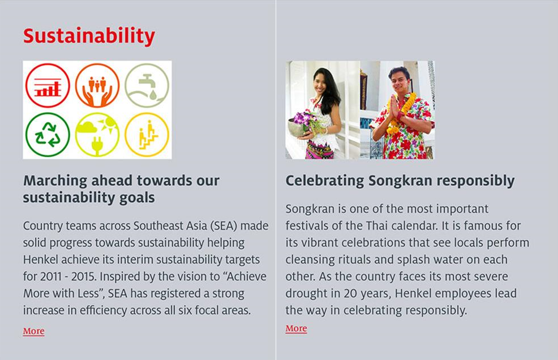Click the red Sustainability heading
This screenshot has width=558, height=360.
point(89,36)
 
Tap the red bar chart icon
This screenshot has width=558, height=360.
point(48,86)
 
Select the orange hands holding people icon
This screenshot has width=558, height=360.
point(97,86)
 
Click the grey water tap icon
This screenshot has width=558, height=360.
point(147,86)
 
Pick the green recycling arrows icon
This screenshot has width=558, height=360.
point(48,135)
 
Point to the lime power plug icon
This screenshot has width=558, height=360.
point(97,135)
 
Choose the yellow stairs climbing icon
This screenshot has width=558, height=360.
point(147,135)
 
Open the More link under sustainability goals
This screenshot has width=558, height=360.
point(34,331)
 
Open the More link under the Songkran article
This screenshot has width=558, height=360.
point(296,328)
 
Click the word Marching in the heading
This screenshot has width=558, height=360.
point(55,181)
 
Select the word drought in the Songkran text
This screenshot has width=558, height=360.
point(306,294)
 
